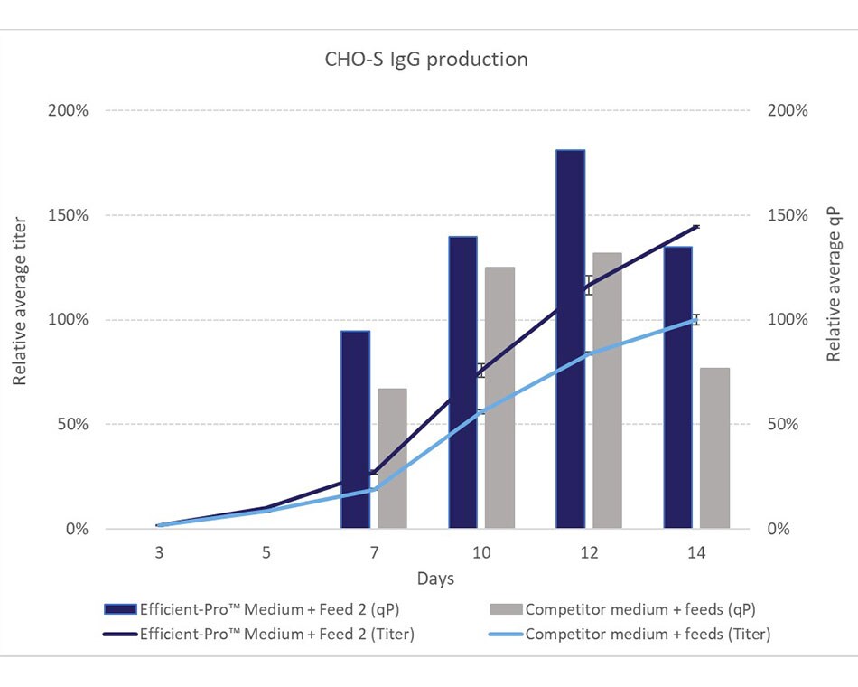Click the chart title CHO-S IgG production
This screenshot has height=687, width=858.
(x=426, y=60)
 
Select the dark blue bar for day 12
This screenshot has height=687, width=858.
(x=571, y=339)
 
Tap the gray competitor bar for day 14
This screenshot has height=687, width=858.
(x=714, y=448)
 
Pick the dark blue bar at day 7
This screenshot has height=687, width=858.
(x=356, y=429)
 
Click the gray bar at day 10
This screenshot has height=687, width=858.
(x=499, y=398)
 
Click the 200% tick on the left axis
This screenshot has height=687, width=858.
(x=69, y=110)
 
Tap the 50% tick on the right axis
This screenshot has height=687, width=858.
(x=787, y=425)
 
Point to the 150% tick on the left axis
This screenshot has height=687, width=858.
(x=69, y=215)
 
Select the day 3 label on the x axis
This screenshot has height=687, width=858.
(x=158, y=552)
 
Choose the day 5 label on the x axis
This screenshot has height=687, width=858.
(x=266, y=552)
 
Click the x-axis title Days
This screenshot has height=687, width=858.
(x=435, y=579)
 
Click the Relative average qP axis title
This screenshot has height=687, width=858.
(x=835, y=285)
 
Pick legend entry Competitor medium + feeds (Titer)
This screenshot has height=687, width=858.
(x=648, y=634)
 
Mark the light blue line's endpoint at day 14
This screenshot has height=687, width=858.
(x=695, y=319)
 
